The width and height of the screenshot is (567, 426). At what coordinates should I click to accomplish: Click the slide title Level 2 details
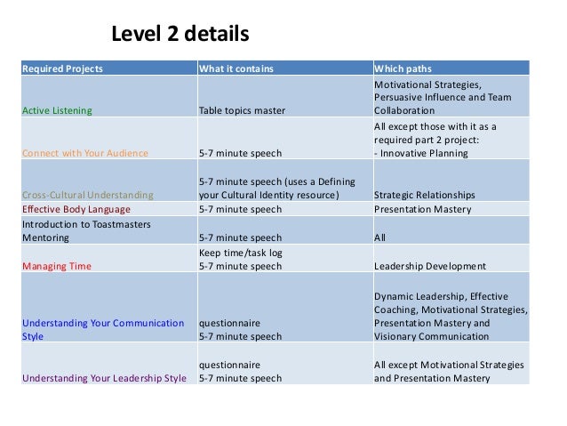180,36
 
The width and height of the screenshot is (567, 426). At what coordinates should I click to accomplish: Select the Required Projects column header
62,68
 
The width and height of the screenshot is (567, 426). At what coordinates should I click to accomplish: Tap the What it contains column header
236,68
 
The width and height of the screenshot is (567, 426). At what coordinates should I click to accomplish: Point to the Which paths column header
403,68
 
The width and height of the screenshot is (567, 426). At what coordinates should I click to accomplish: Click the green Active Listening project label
57,111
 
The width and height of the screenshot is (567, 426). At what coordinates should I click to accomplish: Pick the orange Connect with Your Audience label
85,153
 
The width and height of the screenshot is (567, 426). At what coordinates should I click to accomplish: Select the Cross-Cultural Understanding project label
87,195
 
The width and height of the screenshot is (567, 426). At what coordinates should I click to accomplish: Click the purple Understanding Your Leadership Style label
104,378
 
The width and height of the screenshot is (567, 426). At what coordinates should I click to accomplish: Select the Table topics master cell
242,111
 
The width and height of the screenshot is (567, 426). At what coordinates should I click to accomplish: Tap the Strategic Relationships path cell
425,195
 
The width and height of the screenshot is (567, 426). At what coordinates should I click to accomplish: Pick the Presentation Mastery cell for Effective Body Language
421,210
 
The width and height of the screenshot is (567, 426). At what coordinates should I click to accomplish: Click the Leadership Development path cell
430,266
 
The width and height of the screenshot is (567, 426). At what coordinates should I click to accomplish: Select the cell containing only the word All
380,238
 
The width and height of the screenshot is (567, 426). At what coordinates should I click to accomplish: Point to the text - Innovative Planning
423,153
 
